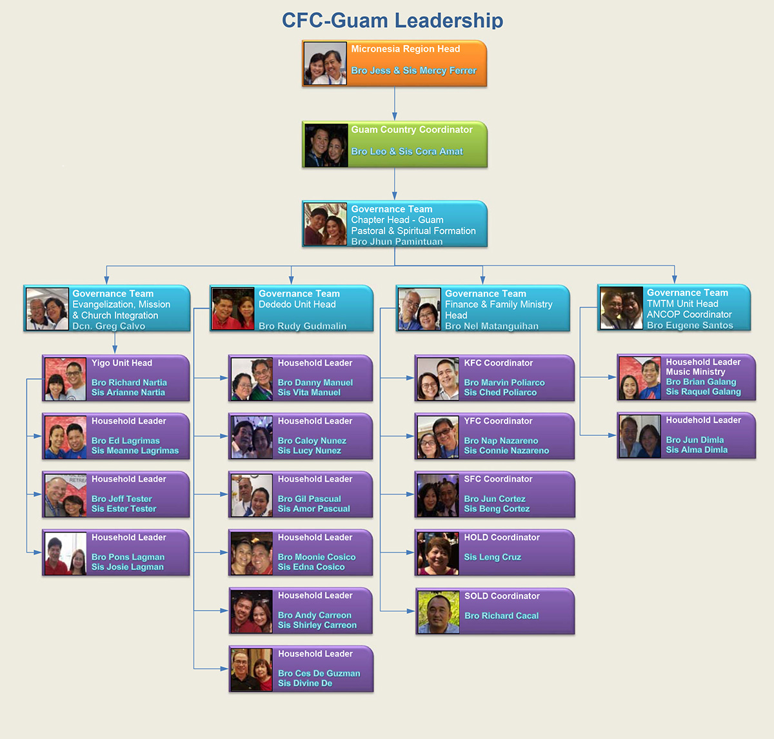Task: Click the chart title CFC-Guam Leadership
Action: pyautogui.click(x=392, y=20)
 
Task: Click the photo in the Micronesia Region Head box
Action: pyautogui.click(x=325, y=63)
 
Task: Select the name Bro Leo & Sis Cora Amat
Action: pyautogui.click(x=407, y=152)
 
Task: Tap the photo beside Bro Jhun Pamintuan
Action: pyautogui.click(x=325, y=224)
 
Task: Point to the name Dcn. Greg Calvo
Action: pyautogui.click(x=108, y=326)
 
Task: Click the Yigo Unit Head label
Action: pyautogui.click(x=122, y=363)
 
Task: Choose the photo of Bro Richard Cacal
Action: pyautogui.click(x=439, y=612)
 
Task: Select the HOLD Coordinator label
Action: pyautogui.click(x=502, y=537)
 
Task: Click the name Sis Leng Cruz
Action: pyautogui.click(x=492, y=557)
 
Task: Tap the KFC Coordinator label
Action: pyautogui.click(x=499, y=363)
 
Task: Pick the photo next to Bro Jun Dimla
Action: pyautogui.click(x=640, y=436)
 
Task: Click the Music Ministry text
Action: pyautogui.click(x=695, y=372)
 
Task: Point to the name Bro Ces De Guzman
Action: pyautogui.click(x=319, y=673)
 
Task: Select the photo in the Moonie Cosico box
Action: pyautogui.click(x=252, y=553)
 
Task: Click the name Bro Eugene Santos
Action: pyautogui.click(x=690, y=326)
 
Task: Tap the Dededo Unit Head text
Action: pyautogui.click(x=297, y=304)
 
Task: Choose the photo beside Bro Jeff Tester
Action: pyautogui.click(x=65, y=495)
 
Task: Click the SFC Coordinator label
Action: pyautogui.click(x=498, y=479)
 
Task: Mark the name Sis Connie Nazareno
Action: pyautogui.click(x=506, y=451)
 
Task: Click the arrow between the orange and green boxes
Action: pyautogui.click(x=395, y=104)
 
